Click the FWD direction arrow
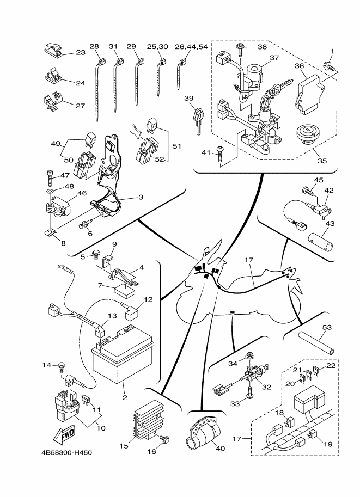point(64,434)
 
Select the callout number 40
point(219,449)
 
